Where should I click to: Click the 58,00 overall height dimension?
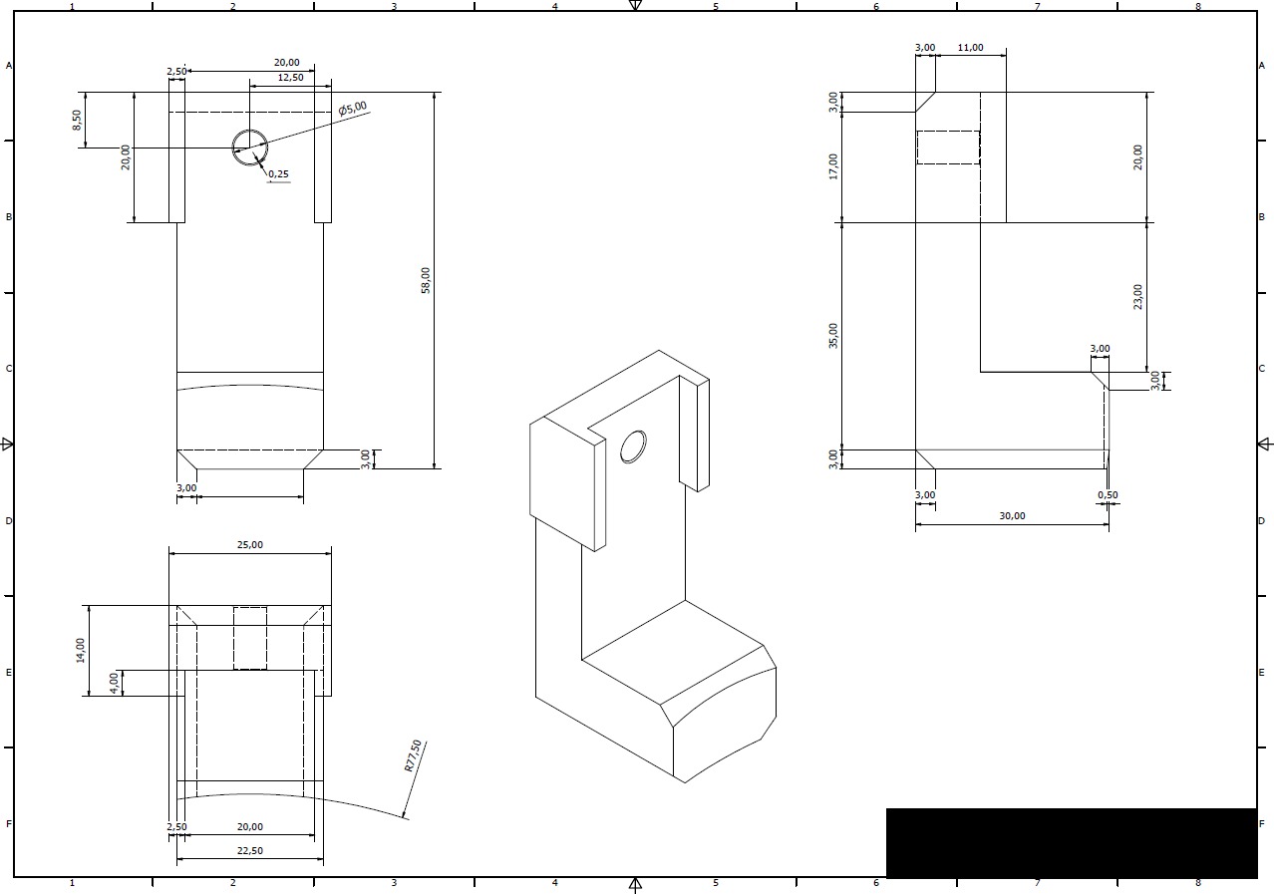pos(426,280)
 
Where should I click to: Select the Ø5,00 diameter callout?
pos(353,108)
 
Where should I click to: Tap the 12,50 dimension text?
pos(291,78)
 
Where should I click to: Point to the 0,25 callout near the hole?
pos(279,174)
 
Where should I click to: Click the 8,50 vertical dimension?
pos(77,120)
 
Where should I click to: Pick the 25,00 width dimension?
pos(250,545)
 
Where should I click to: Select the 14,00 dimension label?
pos(80,650)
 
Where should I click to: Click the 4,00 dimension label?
pos(114,683)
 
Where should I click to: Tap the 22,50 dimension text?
pos(250,851)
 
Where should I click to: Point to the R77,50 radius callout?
pos(413,755)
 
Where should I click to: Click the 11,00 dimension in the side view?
pos(970,48)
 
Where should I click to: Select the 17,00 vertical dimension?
pos(833,166)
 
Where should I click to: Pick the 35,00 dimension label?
pos(833,336)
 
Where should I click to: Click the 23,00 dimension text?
pos(1137,297)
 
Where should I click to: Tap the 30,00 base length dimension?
pos(1013,516)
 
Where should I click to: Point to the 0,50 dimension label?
pos(1108,494)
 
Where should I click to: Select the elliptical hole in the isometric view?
pos(633,447)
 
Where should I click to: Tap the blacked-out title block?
pos(1072,843)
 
